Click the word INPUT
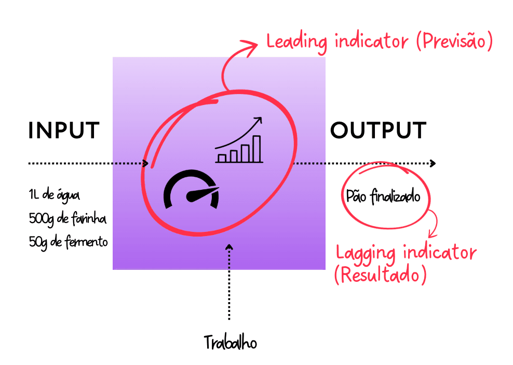click(x=63, y=131)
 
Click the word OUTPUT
click(x=379, y=131)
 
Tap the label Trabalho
click(x=230, y=343)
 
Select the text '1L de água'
click(x=55, y=195)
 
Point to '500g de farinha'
click(x=67, y=218)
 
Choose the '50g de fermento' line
click(x=69, y=241)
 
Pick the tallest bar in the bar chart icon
click(x=257, y=149)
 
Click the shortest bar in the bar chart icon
click(x=222, y=158)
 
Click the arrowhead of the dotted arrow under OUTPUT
click(x=433, y=163)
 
